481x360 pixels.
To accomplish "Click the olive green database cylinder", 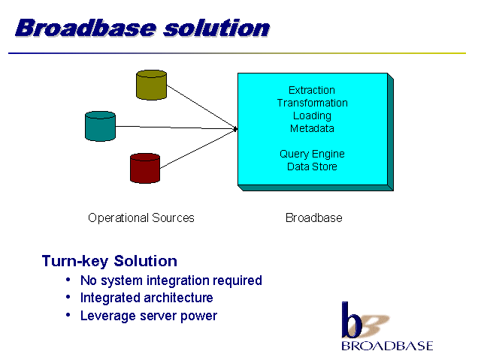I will click(x=151, y=85).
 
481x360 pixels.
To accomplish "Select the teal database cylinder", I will click(x=100, y=126).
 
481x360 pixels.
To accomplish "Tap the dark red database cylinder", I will click(x=145, y=168).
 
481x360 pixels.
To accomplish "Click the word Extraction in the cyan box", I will click(x=312, y=90).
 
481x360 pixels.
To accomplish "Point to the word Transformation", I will click(x=312, y=103).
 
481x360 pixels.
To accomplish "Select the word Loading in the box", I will click(x=312, y=115).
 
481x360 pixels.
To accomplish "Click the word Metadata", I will click(x=312, y=128).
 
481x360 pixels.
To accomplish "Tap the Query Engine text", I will click(x=312, y=154).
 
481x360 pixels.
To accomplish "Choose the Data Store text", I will click(x=312, y=166).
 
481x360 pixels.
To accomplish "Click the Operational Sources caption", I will click(x=141, y=218).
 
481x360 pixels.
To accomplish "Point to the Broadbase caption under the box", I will click(x=313, y=218).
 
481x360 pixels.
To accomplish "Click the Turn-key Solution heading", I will click(x=110, y=261).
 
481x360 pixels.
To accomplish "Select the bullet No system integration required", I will click(x=171, y=280).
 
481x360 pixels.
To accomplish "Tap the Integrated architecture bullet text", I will click(x=147, y=298).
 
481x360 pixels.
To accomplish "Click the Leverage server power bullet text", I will click(x=148, y=316).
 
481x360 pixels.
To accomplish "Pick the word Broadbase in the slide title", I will click(x=85, y=28).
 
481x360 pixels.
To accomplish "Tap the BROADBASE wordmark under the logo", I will click(x=387, y=346).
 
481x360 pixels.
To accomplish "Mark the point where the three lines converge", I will click(x=236, y=129).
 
